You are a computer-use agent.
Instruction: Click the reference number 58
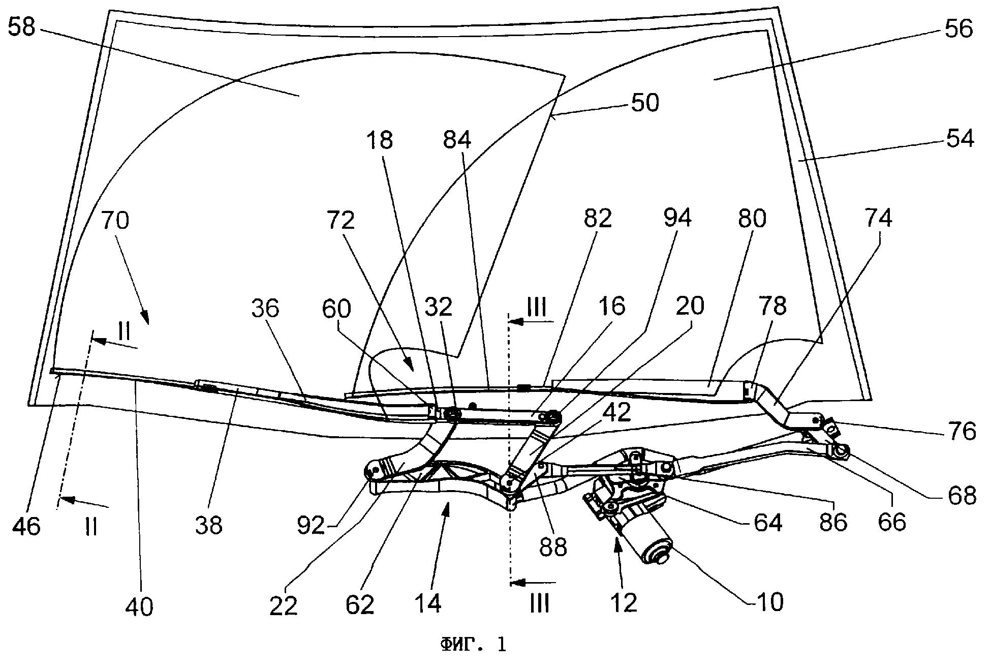coord(21,27)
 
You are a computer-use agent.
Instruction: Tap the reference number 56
coord(958,28)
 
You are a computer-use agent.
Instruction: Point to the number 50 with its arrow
coord(644,102)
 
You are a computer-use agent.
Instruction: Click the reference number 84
coord(457,139)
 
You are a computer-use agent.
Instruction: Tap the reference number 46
coord(26,526)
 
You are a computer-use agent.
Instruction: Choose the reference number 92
coord(311,526)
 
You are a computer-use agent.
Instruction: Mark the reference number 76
coord(962,431)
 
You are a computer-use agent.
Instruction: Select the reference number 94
coord(678,219)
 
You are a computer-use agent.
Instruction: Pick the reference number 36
coord(265,308)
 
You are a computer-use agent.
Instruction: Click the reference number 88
coord(553,548)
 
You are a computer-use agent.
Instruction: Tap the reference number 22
coord(284,605)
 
